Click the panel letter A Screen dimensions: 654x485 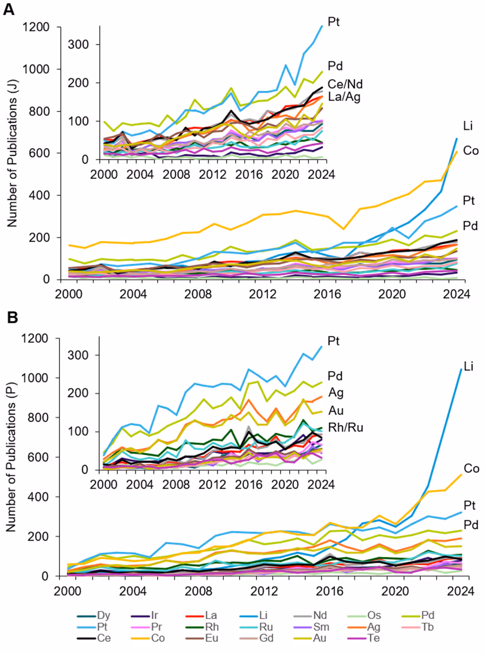pos(9,9)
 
